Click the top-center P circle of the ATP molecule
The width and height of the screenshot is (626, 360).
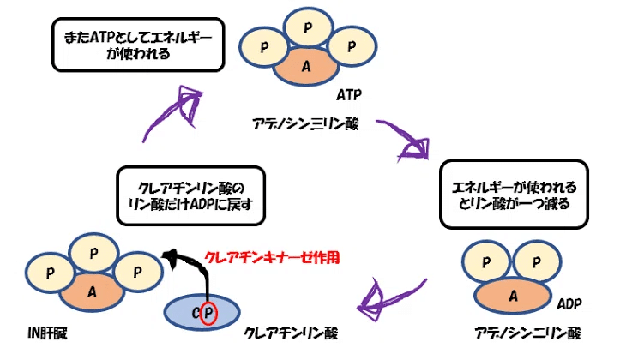tap(306, 28)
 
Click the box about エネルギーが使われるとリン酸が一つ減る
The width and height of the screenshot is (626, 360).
tap(514, 195)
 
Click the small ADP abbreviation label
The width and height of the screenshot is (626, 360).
tap(569, 304)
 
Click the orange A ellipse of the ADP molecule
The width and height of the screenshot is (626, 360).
tap(512, 296)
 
